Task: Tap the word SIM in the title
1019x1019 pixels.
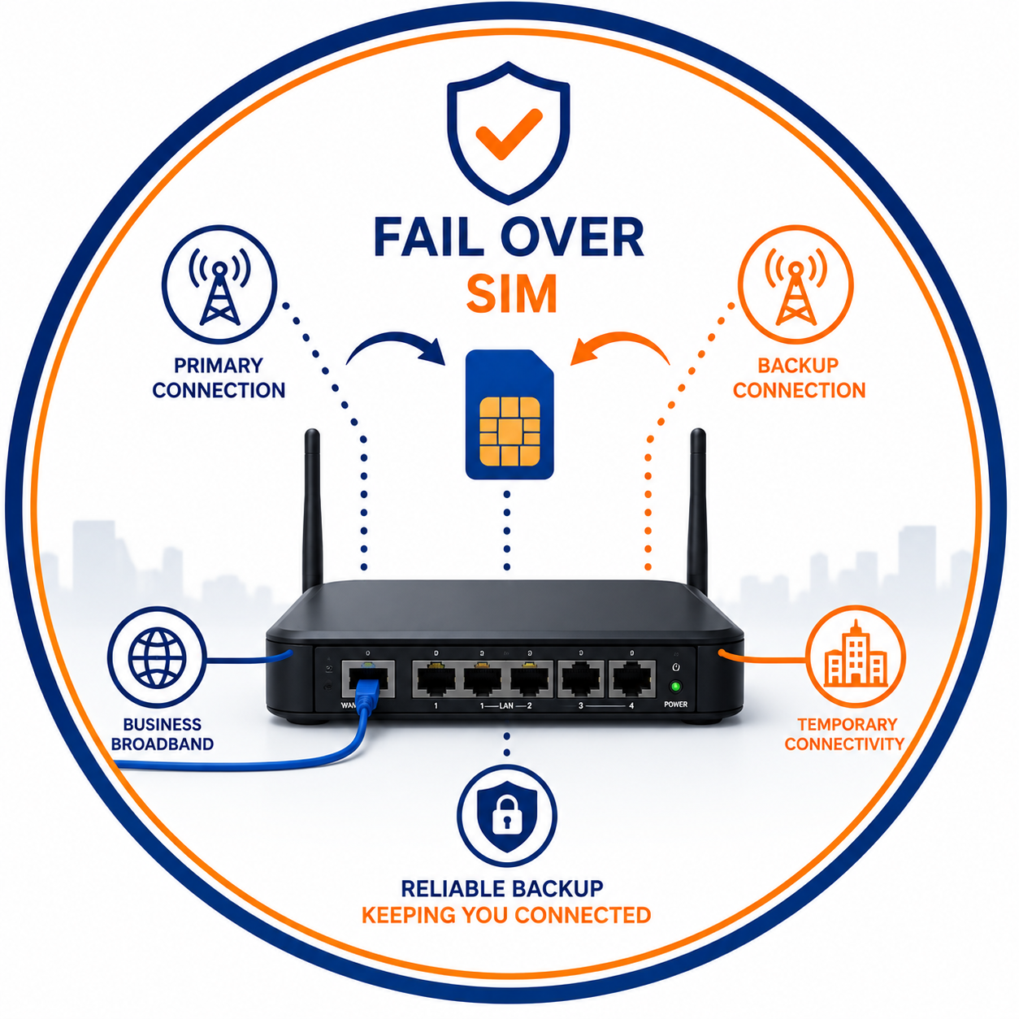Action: click(511, 294)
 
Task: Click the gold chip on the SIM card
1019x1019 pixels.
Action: click(509, 431)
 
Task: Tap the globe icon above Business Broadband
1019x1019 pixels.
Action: click(157, 657)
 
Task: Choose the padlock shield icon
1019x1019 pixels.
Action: click(506, 816)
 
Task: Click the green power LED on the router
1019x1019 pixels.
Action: click(675, 687)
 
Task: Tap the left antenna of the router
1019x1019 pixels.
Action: click(312, 511)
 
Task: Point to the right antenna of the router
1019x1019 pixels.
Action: click(697, 511)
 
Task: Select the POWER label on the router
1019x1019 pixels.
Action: click(676, 705)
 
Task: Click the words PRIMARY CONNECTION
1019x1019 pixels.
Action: click(219, 378)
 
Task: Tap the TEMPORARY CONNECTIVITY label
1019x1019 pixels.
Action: click(844, 734)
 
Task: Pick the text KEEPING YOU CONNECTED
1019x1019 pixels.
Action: click(506, 915)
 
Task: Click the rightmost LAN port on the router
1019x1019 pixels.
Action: click(632, 679)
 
